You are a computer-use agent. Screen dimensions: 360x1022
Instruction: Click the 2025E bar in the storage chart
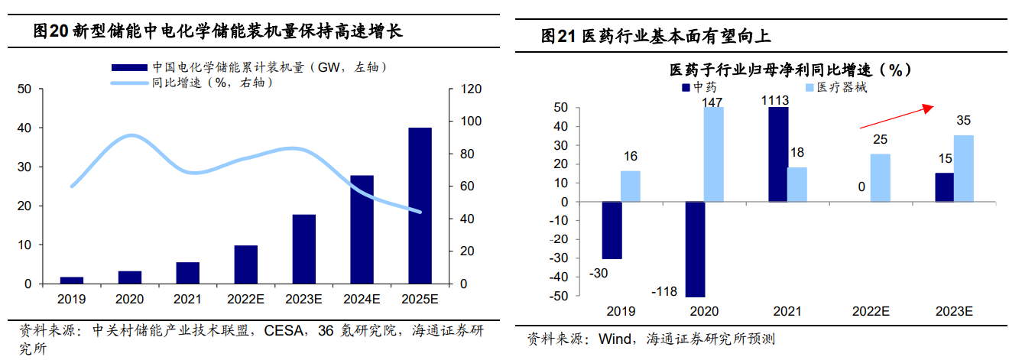click(x=420, y=206)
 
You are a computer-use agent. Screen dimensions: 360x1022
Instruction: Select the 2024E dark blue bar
click(x=362, y=229)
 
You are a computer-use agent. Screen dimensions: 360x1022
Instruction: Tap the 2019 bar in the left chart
click(x=72, y=280)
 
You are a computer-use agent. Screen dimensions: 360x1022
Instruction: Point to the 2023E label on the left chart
click(x=303, y=299)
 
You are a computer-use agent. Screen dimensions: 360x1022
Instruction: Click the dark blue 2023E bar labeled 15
click(x=945, y=187)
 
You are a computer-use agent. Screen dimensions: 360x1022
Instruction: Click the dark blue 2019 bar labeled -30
click(x=612, y=230)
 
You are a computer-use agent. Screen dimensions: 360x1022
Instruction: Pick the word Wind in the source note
click(x=615, y=339)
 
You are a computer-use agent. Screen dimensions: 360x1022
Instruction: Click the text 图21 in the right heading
click(x=558, y=35)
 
